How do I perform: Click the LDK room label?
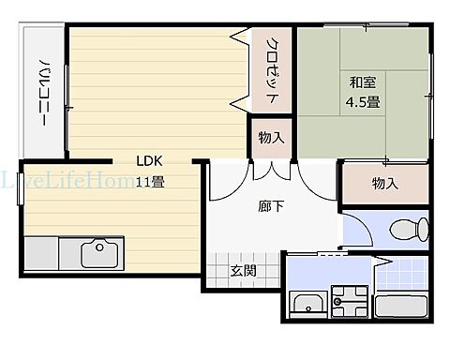(x=150, y=159)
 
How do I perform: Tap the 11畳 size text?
(x=150, y=181)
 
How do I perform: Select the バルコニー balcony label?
(x=44, y=92)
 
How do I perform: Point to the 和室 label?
(x=363, y=82)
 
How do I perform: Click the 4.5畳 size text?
(x=363, y=100)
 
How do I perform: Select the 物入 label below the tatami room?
(x=384, y=183)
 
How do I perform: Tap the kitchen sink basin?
(x=97, y=253)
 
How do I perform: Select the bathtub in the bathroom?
(x=400, y=306)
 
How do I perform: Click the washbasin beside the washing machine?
(x=306, y=304)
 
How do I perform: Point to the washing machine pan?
(x=347, y=301)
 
